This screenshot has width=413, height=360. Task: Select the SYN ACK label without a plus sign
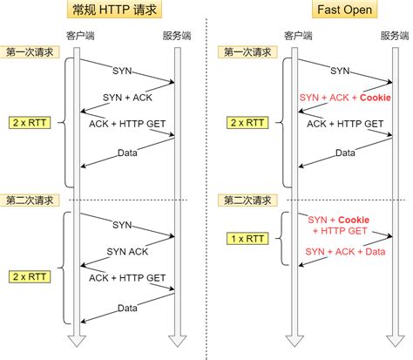[127, 251]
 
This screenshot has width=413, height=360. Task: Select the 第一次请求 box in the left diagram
[28, 52]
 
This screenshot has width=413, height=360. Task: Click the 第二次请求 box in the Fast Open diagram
[245, 200]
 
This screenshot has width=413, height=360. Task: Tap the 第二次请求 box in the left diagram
[28, 200]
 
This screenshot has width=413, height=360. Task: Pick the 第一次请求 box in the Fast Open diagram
[245, 52]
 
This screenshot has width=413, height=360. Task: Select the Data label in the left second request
[129, 307]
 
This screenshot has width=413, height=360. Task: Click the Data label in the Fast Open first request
[346, 152]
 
